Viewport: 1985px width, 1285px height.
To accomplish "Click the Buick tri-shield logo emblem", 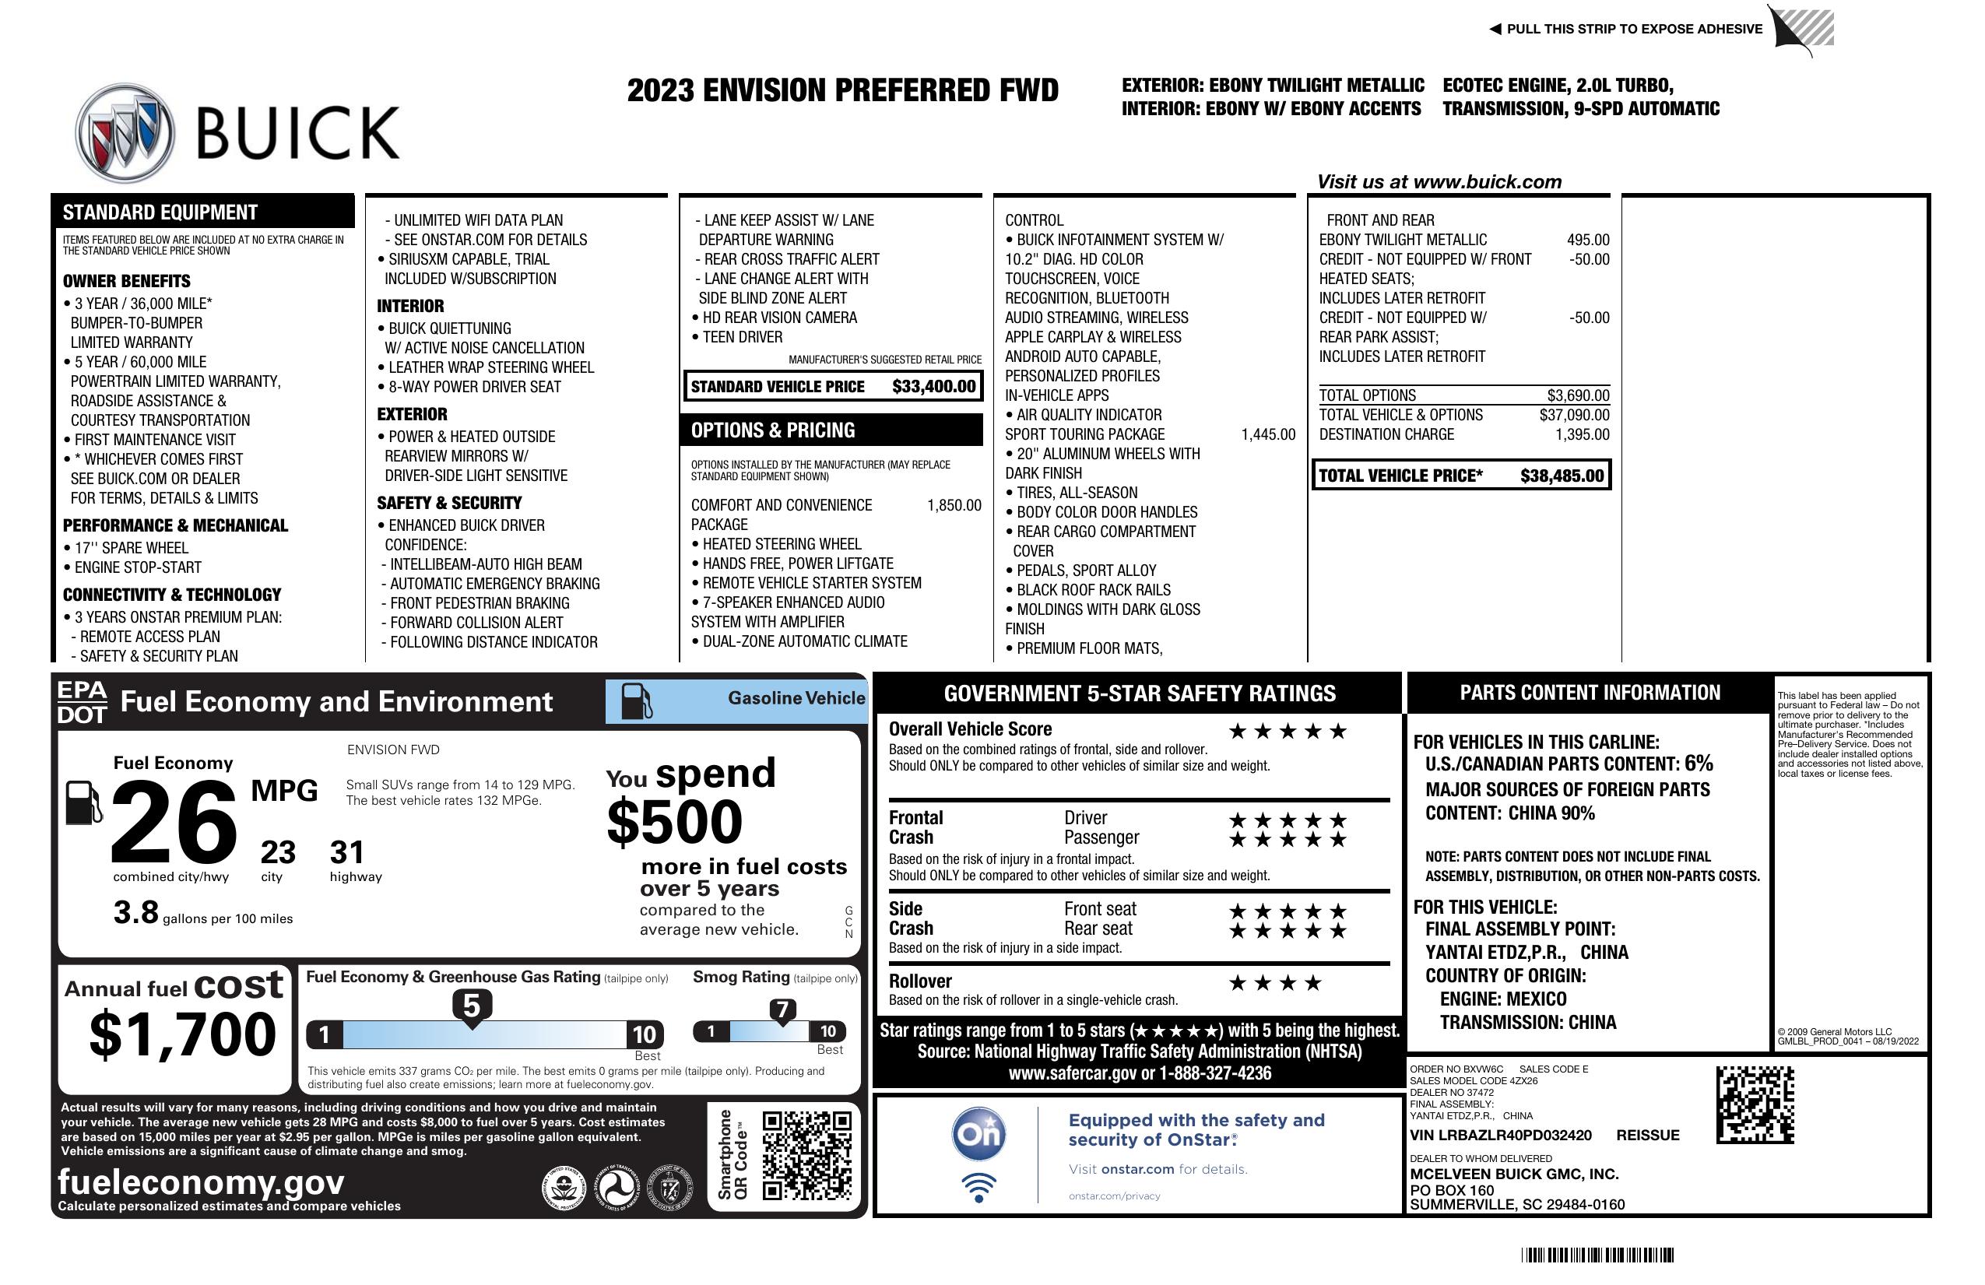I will pyautogui.click(x=126, y=132).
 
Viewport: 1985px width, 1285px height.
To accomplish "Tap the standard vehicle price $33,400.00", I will pyautogui.click(x=933, y=386).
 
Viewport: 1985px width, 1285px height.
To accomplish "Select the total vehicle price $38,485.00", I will pyautogui.click(x=1562, y=476).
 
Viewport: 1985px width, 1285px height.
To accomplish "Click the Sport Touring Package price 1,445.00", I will pyautogui.click(x=1268, y=434).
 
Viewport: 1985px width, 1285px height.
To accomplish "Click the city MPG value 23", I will pyautogui.click(x=278, y=852).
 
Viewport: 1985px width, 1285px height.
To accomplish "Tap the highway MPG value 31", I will pyautogui.click(x=347, y=852).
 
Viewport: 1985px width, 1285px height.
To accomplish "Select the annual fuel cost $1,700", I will pyautogui.click(x=183, y=1034).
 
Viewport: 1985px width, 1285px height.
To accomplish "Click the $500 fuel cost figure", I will pyautogui.click(x=675, y=822).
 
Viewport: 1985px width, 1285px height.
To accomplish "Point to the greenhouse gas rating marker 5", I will pyautogui.click(x=471, y=1006).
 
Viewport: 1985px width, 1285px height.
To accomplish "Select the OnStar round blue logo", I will pyautogui.click(x=979, y=1134).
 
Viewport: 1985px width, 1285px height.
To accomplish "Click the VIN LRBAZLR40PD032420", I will pyautogui.click(x=1501, y=1135).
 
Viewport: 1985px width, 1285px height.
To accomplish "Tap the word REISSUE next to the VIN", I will pyautogui.click(x=1647, y=1135).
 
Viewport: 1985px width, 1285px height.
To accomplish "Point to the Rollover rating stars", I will pyautogui.click(x=1275, y=983).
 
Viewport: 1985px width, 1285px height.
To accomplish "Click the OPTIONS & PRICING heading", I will pyautogui.click(x=772, y=430).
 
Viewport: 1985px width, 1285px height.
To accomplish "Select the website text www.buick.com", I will pyautogui.click(x=1487, y=182).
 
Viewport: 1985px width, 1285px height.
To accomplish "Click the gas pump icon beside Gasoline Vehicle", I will pyautogui.click(x=638, y=700).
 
